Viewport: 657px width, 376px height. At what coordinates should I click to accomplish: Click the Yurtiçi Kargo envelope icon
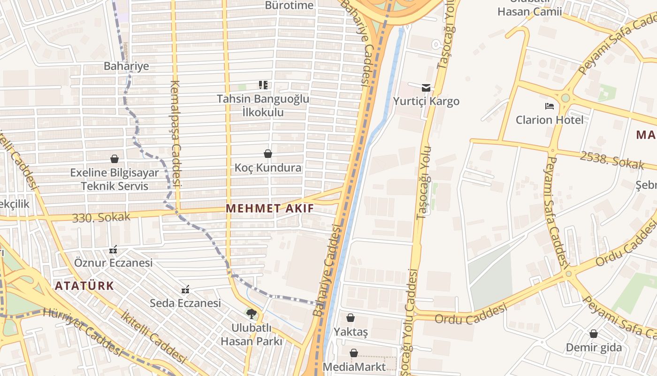[426, 87]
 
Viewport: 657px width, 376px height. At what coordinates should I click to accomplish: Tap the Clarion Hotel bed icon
[550, 106]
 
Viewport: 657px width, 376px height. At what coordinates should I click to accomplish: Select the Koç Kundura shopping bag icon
[268, 154]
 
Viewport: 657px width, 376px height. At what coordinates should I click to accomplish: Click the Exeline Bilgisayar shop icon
[115, 159]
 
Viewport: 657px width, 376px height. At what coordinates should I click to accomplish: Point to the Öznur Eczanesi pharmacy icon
[113, 249]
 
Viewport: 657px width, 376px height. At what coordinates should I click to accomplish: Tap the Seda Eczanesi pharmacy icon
[185, 289]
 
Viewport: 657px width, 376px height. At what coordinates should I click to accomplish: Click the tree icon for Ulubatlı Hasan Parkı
[252, 313]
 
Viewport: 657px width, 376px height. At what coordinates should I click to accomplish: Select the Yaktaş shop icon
[351, 318]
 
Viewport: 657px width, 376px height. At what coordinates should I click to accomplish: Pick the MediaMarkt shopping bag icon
[354, 353]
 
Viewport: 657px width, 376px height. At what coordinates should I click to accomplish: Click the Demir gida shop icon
[594, 334]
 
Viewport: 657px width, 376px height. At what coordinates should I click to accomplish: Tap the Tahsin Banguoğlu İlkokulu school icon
[263, 85]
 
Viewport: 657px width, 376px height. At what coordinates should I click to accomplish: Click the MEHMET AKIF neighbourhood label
[270, 208]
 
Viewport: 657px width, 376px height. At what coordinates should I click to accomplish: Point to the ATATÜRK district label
[84, 286]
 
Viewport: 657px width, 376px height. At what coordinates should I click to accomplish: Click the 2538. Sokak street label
[612, 160]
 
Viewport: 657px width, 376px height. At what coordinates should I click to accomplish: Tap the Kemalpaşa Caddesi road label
[176, 134]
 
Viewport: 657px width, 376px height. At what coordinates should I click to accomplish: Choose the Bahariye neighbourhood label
[126, 66]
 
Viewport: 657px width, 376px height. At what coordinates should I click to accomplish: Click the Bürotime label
[289, 5]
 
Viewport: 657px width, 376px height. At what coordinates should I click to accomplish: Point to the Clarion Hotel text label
[550, 120]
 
